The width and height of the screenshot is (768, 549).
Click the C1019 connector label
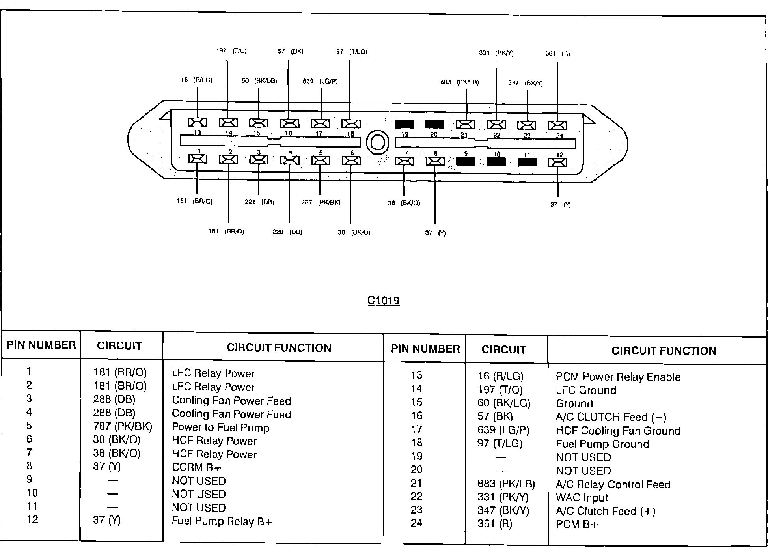click(383, 301)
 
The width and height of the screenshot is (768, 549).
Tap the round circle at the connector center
click(377, 142)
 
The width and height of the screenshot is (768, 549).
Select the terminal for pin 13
click(198, 122)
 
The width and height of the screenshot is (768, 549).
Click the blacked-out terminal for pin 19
click(404, 124)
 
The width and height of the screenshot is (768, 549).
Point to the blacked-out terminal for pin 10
click(496, 162)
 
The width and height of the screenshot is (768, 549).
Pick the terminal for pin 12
click(557, 162)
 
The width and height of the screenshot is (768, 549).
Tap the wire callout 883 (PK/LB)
click(459, 82)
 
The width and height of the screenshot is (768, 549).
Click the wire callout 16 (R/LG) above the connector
click(196, 80)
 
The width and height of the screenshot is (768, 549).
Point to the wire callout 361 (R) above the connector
click(557, 54)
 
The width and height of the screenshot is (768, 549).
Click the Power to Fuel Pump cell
click(220, 428)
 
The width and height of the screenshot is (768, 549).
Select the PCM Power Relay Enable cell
click(618, 377)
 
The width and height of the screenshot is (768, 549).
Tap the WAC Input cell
click(582, 498)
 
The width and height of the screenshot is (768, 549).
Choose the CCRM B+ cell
click(197, 467)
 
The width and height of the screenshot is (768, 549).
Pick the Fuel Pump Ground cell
click(602, 444)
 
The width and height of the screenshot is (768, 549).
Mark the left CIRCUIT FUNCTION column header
click(279, 348)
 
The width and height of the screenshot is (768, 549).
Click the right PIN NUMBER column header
click(425, 349)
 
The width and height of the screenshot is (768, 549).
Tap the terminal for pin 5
click(320, 161)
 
